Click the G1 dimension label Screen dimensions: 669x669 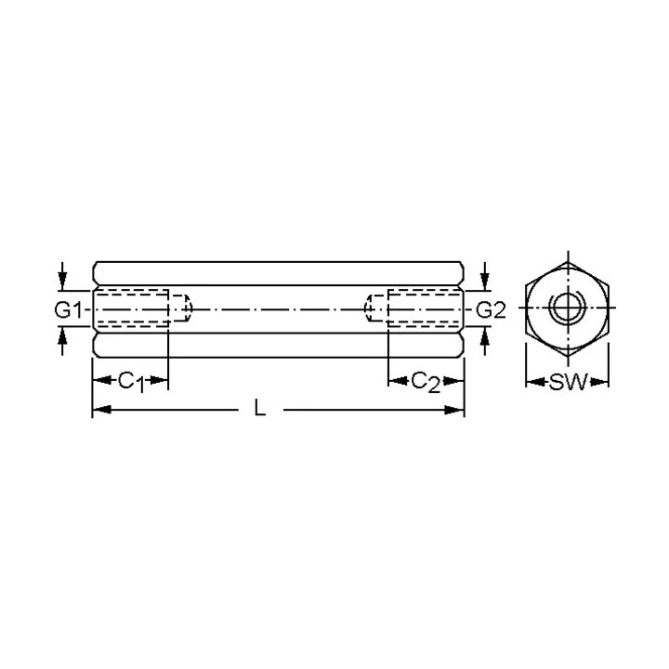[x=68, y=310]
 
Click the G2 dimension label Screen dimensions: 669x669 [x=491, y=310]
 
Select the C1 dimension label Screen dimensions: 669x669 [x=132, y=382]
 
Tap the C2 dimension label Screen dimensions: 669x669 [x=426, y=382]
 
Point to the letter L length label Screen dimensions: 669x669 [x=260, y=408]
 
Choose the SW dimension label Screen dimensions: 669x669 [x=569, y=382]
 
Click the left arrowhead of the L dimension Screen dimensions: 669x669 [x=102, y=410]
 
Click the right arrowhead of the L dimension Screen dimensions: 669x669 [x=454, y=410]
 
